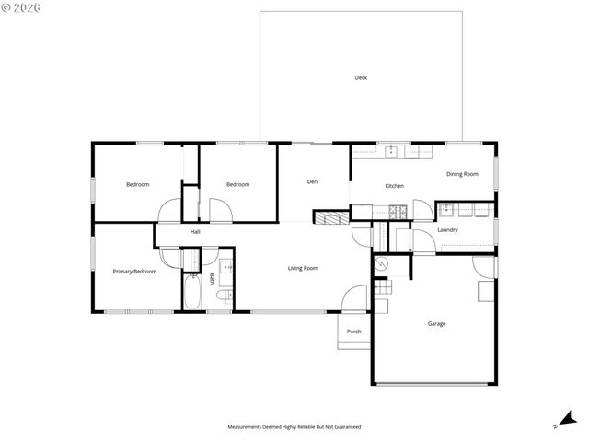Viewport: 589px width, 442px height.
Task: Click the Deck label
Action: (361, 77)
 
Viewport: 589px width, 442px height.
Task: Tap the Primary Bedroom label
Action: (134, 272)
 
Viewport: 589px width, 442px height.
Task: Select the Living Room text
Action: (303, 268)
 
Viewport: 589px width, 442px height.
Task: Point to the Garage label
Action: (436, 323)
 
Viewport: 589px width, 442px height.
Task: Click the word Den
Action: (312, 181)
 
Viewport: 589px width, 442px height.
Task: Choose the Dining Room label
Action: (462, 174)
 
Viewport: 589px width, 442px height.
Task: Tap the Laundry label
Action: (447, 229)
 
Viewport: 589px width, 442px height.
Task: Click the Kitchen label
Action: (394, 186)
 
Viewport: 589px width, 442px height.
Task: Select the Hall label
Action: (195, 231)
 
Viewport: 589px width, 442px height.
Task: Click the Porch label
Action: (353, 331)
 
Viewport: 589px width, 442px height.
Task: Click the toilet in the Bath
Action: (224, 296)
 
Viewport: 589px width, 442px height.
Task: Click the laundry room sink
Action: (445, 208)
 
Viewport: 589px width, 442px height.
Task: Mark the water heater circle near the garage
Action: (382, 264)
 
